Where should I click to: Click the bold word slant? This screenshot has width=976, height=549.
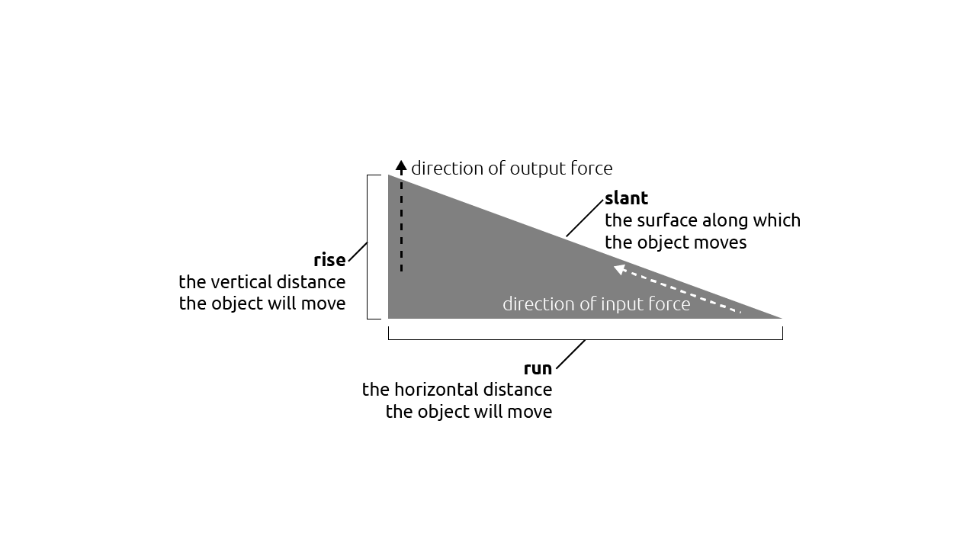tap(626, 198)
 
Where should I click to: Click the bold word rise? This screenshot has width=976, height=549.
tap(329, 260)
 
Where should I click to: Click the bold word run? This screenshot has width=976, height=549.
tap(538, 368)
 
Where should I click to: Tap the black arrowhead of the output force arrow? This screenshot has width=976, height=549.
tap(401, 165)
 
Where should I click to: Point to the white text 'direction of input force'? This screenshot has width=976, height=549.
tap(596, 304)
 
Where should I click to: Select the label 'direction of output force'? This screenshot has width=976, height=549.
tap(512, 169)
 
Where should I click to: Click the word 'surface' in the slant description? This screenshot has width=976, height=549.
tap(661, 220)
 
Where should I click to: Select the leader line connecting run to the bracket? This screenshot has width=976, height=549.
tap(570, 355)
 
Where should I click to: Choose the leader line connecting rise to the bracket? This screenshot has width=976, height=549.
tap(358, 252)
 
